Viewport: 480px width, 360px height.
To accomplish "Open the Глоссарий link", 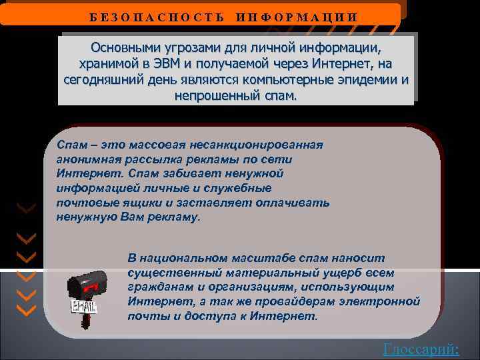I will [x=421, y=348].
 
